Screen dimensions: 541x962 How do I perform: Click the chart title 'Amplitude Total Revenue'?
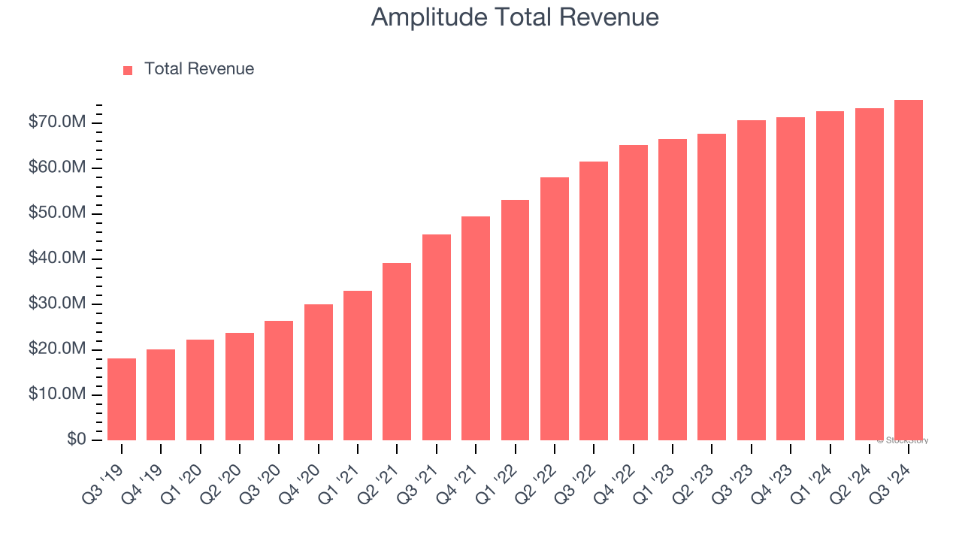pos(515,17)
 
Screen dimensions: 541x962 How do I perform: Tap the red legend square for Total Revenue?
pos(128,70)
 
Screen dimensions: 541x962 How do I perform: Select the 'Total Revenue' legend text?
pos(198,69)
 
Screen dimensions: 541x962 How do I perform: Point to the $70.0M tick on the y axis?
pos(57,122)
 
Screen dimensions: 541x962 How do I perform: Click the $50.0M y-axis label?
pos(57,213)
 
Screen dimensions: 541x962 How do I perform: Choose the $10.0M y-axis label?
pos(57,394)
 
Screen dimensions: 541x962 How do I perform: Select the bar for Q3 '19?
pos(122,400)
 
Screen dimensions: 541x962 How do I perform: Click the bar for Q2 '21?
pos(397,352)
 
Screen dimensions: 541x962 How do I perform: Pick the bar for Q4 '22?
pos(633,293)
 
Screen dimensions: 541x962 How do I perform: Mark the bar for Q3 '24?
pos(908,270)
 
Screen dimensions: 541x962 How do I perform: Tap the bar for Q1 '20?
pos(200,390)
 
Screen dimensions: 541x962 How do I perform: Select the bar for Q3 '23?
pos(751,280)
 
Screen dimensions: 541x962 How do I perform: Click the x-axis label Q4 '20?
pos(308,474)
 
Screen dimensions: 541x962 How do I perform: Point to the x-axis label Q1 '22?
pos(505,474)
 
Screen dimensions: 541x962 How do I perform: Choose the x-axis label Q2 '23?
pos(701,474)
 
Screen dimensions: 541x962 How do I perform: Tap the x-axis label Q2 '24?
pos(859,474)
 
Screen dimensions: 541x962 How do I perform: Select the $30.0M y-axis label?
pos(57,304)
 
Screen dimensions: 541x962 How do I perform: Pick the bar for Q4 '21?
pos(476,328)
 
